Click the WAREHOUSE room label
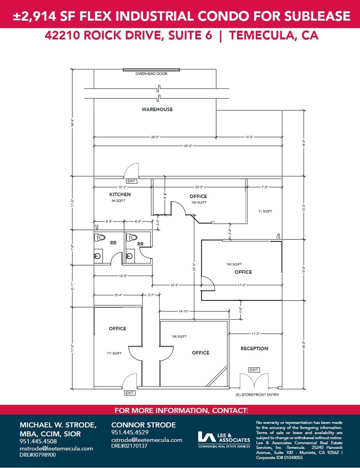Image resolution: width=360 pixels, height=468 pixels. [157, 110]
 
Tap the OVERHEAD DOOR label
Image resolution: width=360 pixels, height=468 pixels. [151, 74]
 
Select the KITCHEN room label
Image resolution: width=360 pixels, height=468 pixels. [120, 194]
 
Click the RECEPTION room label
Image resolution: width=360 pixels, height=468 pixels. [254, 348]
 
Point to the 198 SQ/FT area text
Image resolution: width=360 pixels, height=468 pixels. [179, 336]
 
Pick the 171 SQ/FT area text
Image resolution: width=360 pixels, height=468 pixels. [114, 353]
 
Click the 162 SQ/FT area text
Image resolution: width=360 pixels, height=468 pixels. [234, 264]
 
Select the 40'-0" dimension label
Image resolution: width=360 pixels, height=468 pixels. [188, 145]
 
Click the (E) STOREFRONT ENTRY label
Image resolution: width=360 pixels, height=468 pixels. [257, 395]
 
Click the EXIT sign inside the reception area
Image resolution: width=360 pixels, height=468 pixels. [254, 370]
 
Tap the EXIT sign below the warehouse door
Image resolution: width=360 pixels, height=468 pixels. [131, 181]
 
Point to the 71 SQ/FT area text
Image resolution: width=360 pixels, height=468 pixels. [264, 211]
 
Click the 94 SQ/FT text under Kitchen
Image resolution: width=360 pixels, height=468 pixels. [118, 201]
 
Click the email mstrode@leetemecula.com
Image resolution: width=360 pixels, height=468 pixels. [56, 448]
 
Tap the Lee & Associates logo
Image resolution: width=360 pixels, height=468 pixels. [224, 439]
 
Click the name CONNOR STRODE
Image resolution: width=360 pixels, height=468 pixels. [144, 425]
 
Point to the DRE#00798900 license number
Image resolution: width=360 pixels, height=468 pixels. [38, 455]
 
